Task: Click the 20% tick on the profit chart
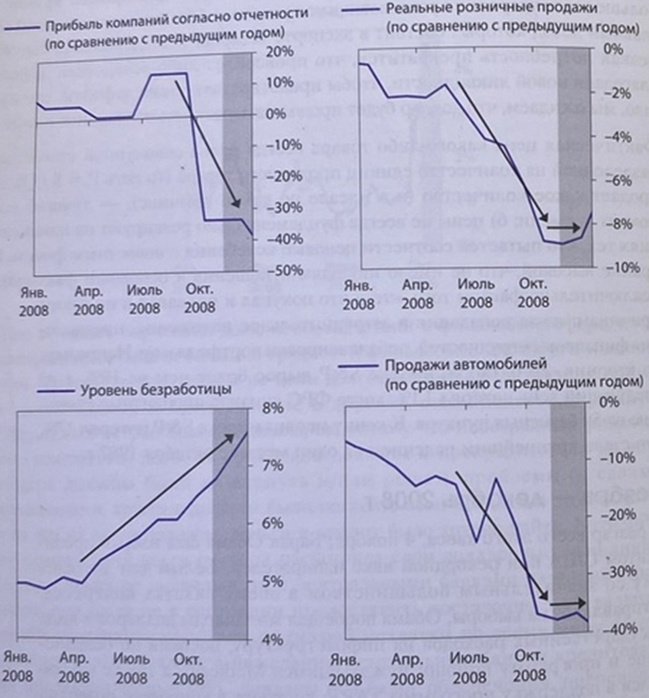(x=277, y=52)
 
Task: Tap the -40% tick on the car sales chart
(x=615, y=629)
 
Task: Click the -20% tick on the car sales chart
(x=615, y=516)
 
